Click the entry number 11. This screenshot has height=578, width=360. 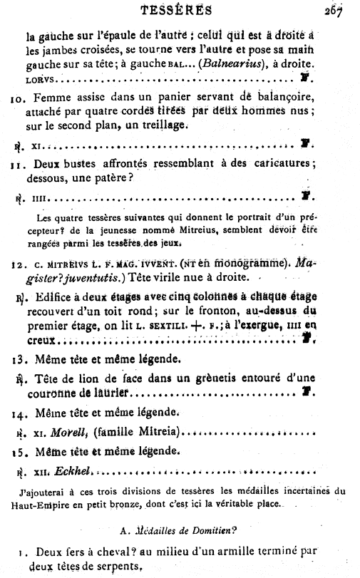click(18, 163)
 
